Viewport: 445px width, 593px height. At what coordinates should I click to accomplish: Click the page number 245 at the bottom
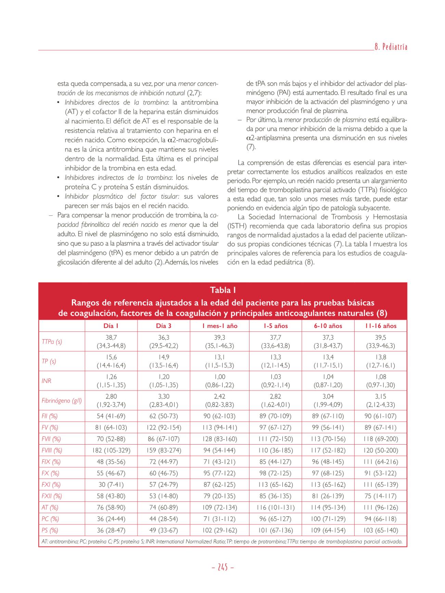click(x=222, y=567)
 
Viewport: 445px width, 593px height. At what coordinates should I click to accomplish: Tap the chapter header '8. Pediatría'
click(x=391, y=47)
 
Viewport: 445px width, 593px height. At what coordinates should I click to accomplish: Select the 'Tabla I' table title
click(x=222, y=290)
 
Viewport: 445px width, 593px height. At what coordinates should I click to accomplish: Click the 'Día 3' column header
click(x=164, y=326)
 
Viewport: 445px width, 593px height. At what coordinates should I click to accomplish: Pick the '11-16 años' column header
click(x=381, y=326)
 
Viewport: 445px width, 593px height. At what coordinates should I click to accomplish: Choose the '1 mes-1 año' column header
click(x=219, y=326)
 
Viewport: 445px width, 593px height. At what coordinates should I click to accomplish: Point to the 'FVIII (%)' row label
click(x=52, y=450)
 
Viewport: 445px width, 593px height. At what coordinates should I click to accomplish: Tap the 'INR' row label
click(x=46, y=381)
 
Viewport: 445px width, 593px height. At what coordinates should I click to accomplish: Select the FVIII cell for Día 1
click(x=111, y=450)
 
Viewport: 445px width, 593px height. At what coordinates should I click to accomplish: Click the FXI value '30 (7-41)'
click(x=111, y=485)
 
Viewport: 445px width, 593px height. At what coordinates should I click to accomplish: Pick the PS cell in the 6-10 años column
click(x=328, y=530)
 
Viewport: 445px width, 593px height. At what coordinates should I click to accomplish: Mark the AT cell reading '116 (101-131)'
click(x=276, y=508)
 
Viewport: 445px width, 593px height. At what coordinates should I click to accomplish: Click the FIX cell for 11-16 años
click(x=381, y=462)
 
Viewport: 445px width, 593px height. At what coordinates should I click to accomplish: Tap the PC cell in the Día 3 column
click(x=164, y=519)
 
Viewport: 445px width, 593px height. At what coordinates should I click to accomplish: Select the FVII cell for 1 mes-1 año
click(x=219, y=439)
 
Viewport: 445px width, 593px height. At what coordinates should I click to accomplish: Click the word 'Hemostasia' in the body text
click(x=390, y=217)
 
